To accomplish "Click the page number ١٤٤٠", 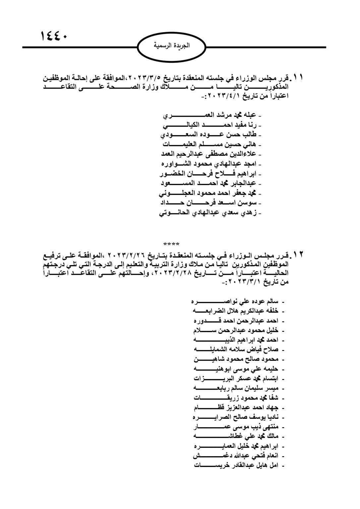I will point(53,35).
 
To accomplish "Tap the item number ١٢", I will point(298,255).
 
